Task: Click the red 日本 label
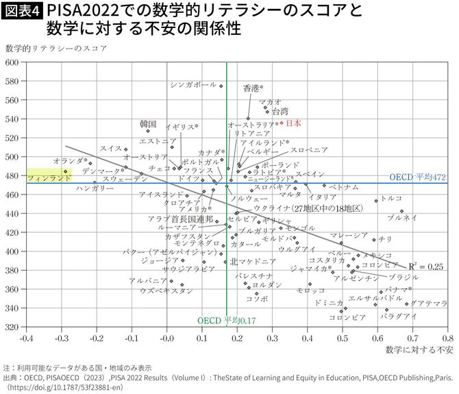click(x=293, y=123)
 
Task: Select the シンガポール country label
click(x=193, y=85)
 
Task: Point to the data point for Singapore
click(x=221, y=86)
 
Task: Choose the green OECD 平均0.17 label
click(x=226, y=320)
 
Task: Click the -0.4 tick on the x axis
click(x=26, y=338)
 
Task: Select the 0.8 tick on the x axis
click(x=447, y=338)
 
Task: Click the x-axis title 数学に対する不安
click(x=419, y=350)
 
